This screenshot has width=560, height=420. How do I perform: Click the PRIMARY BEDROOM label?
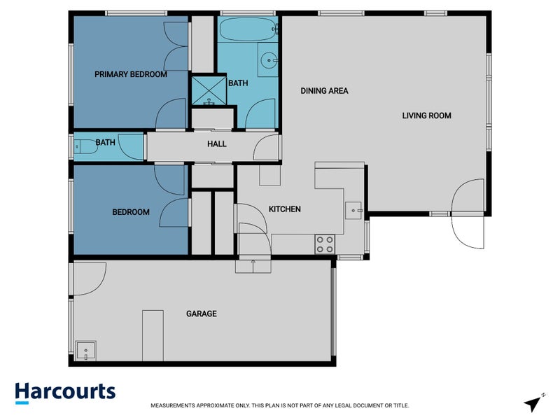131,74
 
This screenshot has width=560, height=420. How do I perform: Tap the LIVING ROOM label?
426,115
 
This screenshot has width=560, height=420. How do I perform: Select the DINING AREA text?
324,90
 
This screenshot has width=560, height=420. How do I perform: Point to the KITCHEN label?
285,209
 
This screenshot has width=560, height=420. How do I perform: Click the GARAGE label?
201,314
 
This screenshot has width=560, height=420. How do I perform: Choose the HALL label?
216,144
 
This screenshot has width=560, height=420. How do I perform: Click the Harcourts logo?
65,392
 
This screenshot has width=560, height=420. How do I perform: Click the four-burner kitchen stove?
325,244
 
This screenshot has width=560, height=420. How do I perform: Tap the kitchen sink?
353,208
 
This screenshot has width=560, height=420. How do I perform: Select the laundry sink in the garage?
86,349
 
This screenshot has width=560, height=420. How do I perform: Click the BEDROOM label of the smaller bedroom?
131,212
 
